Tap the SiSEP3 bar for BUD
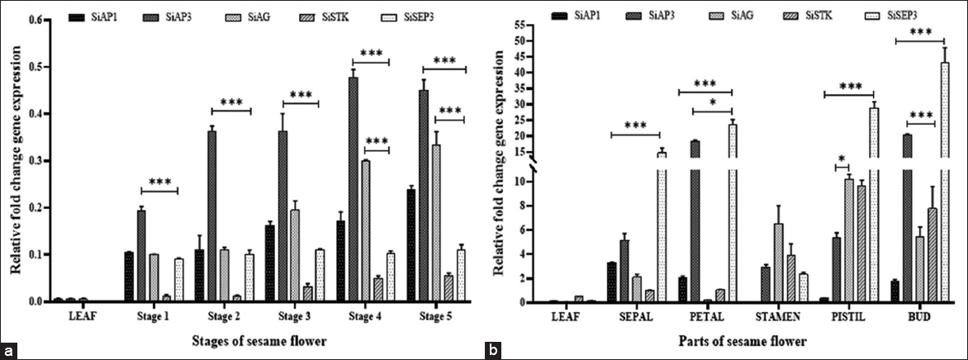pos(944,182)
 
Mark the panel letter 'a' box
pos(8,351)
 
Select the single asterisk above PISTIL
pos(841,159)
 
